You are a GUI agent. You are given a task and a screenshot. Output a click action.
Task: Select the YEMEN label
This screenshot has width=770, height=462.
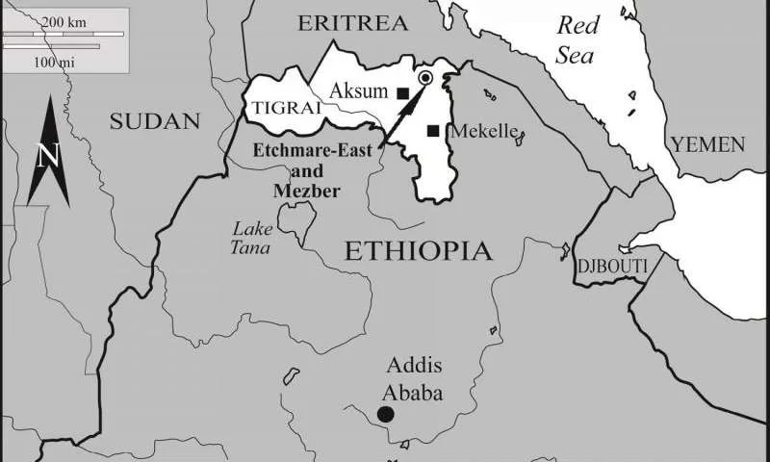point(707,144)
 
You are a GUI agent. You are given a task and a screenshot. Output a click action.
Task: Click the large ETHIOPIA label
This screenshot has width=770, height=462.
point(418,252)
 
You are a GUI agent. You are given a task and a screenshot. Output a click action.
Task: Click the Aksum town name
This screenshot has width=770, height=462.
point(362,91)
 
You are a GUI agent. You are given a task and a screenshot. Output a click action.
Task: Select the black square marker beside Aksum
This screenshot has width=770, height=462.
point(403,93)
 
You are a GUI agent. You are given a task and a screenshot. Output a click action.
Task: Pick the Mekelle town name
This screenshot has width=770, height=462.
point(483,131)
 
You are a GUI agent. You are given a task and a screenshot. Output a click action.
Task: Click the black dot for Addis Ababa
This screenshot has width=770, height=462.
point(385,414)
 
